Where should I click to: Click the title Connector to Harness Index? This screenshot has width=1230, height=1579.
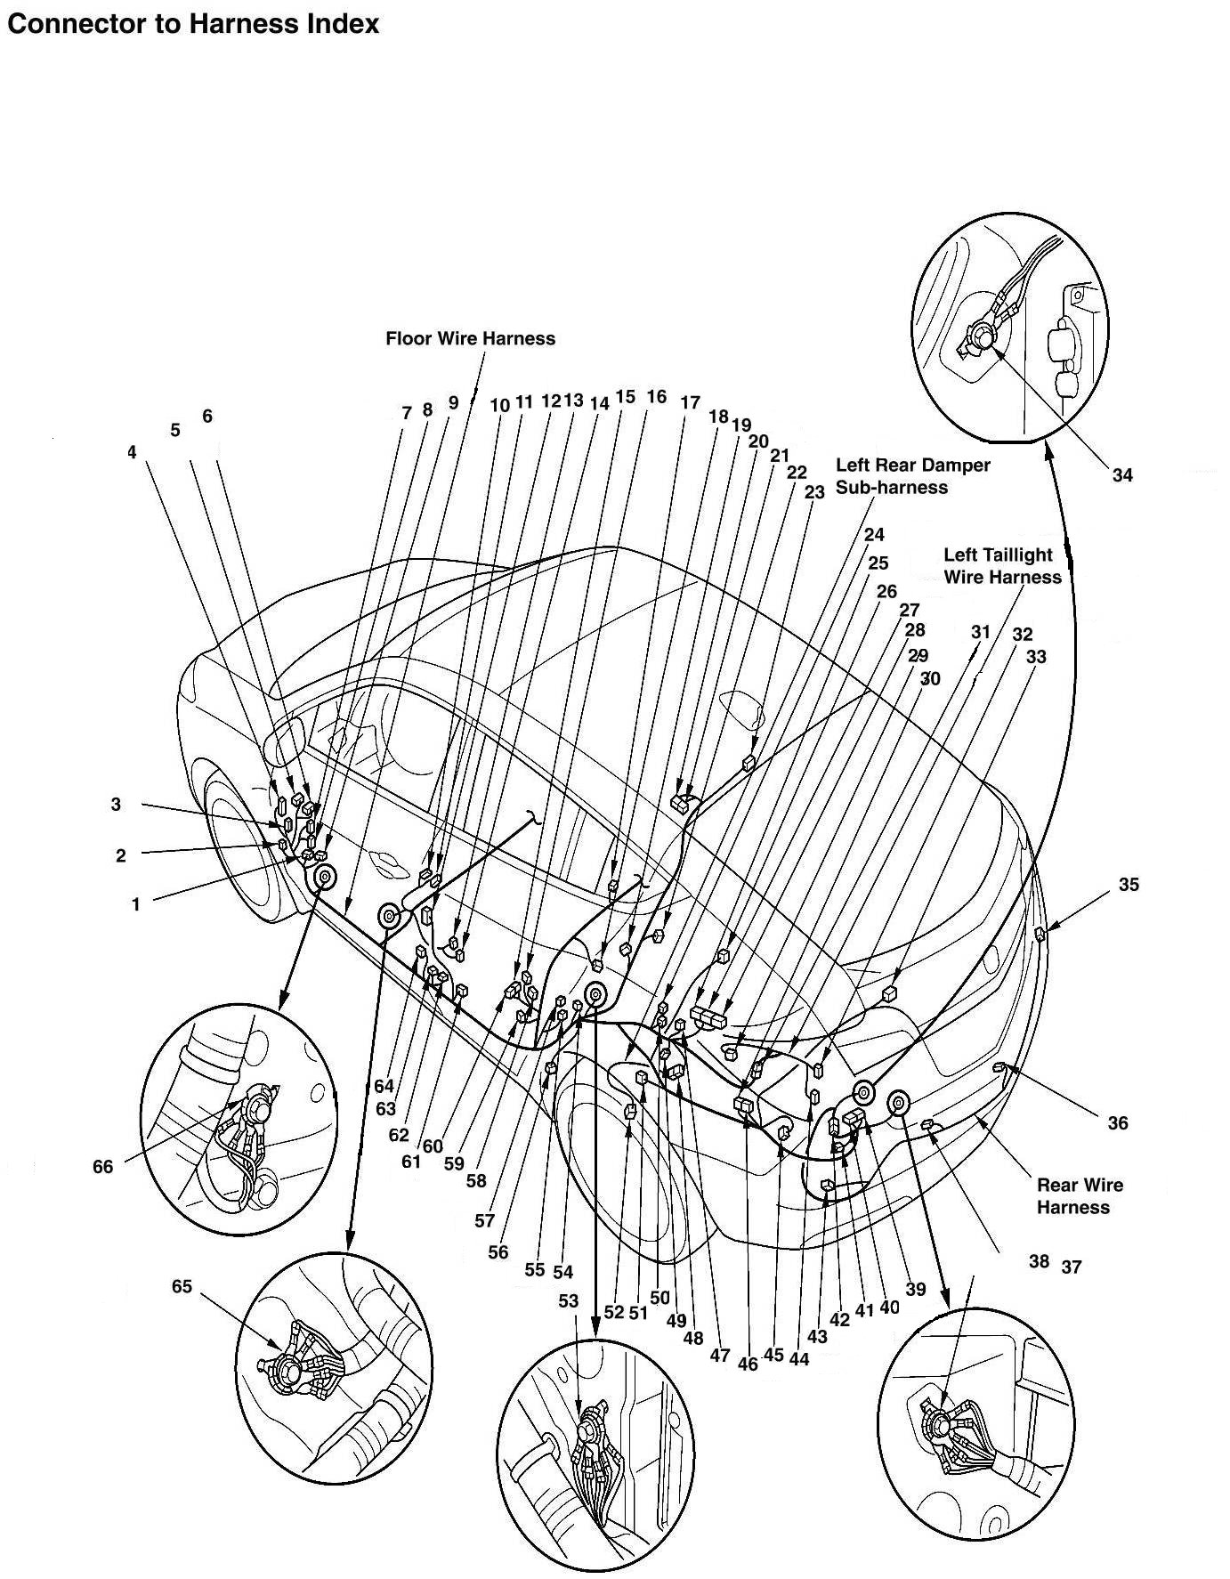tap(192, 24)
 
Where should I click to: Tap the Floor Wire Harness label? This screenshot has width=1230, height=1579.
tap(470, 338)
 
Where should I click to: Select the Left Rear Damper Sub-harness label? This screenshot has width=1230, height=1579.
tap(912, 476)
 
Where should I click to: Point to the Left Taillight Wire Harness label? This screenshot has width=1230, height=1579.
tap(1002, 565)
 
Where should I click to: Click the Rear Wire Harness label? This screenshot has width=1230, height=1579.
tap(1080, 1195)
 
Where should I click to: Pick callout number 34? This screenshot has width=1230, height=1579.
tap(1122, 474)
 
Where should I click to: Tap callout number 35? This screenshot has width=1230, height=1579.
tap(1129, 884)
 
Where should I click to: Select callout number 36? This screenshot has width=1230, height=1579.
tap(1118, 1122)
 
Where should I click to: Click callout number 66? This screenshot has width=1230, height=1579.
tap(103, 1165)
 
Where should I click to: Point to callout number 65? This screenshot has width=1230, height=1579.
tap(182, 1286)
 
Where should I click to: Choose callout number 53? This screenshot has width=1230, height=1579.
tap(569, 1300)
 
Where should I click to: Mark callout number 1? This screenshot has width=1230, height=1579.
tap(136, 904)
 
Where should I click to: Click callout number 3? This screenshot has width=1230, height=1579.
tap(116, 804)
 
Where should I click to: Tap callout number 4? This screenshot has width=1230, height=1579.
tap(132, 452)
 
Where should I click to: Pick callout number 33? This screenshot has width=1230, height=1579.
tap(1036, 657)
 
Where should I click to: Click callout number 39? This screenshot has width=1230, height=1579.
tap(915, 1289)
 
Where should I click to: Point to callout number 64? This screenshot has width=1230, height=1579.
tap(384, 1086)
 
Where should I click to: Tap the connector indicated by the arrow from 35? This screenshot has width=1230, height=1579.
tap(1040, 933)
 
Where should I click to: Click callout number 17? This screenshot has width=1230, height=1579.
tap(690, 402)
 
